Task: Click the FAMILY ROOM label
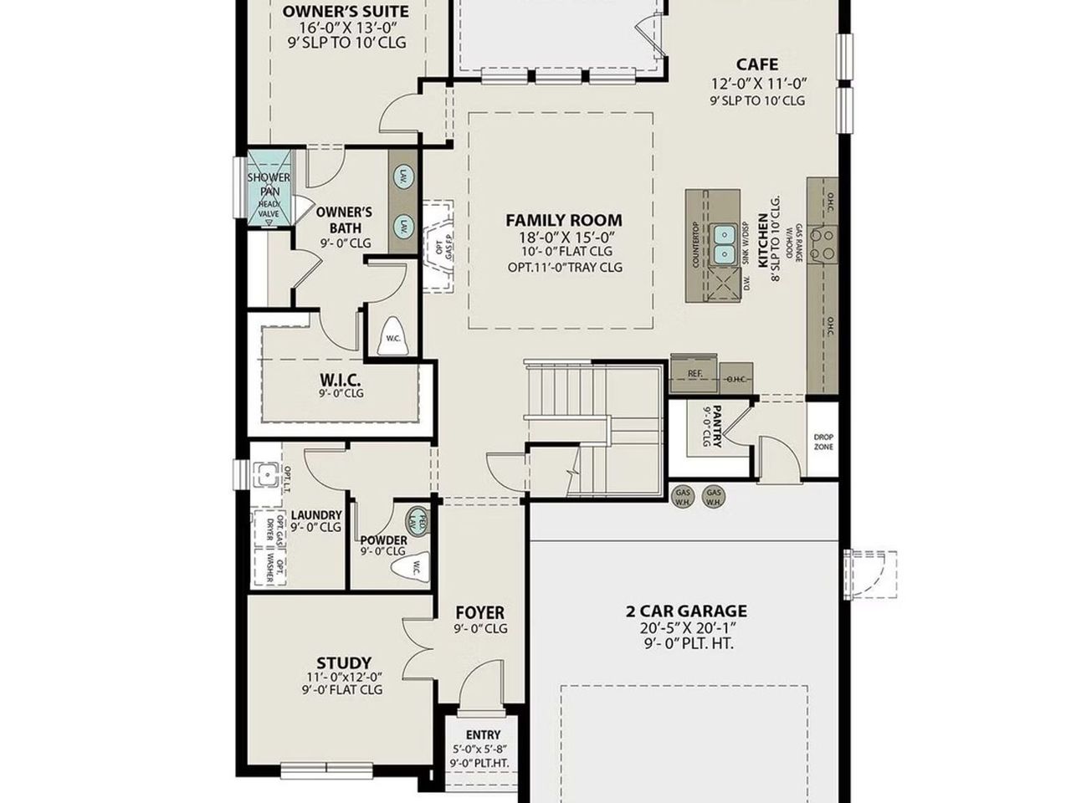pos(563,221)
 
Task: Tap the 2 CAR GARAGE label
pos(686,611)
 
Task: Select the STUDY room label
pos(343,663)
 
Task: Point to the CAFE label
pos(756,64)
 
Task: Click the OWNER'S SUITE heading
pos(345,12)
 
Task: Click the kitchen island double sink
pos(725,243)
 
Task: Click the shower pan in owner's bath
pos(269,189)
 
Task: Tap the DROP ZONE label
pos(822,442)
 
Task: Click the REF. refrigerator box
pos(694,373)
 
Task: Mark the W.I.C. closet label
pos(341,379)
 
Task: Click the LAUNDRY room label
pos(315,515)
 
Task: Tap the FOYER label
pos(479,613)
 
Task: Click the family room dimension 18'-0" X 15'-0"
pos(565,237)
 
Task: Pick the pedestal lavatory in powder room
pos(418,520)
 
